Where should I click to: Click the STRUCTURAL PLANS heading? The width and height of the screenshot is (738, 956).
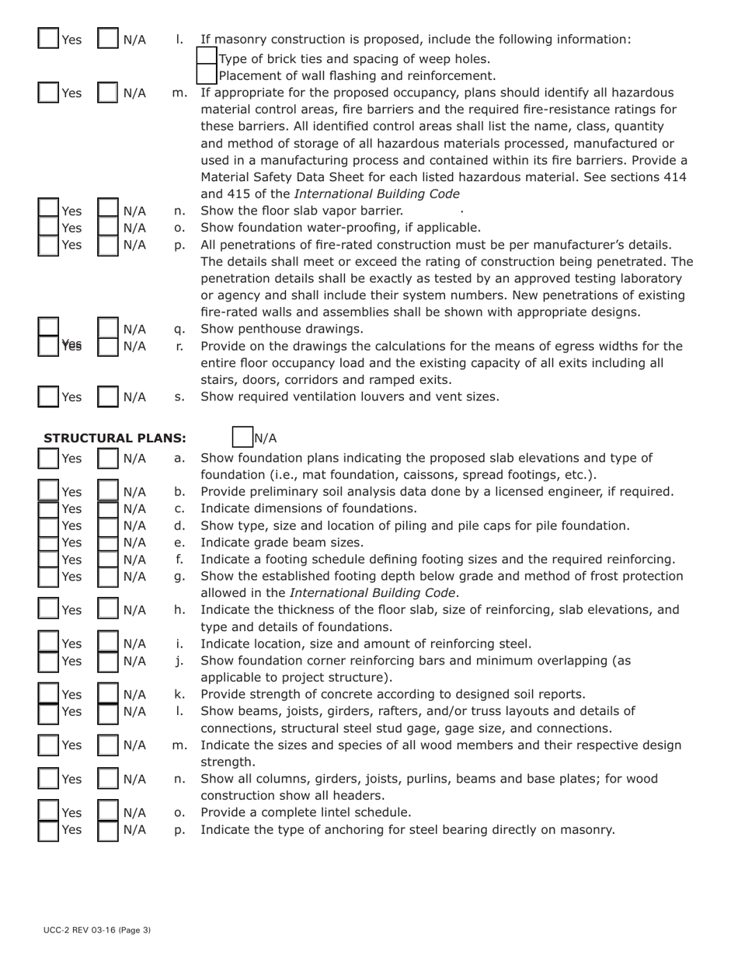point(115,438)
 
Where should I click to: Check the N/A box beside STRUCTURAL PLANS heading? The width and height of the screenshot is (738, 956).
point(243,438)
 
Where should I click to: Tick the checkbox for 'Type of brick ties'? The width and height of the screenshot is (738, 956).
point(207,58)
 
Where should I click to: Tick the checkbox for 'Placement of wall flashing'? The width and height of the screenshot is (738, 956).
point(207,75)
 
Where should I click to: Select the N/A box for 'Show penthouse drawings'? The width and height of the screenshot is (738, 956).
point(108,329)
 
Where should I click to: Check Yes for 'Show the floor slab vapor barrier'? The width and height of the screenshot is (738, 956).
point(49,211)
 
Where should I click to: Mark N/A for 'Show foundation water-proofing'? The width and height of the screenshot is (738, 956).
point(108,228)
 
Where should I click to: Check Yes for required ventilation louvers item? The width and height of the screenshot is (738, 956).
point(49,396)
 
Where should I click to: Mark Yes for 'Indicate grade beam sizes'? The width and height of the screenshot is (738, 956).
point(49,543)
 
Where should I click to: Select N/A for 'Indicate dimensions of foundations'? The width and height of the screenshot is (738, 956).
point(108,508)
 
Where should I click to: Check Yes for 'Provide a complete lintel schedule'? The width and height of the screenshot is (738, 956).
point(49,812)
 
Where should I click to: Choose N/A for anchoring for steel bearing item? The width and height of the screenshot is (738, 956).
point(108,829)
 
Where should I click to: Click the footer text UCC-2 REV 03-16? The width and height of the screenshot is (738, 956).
point(97,930)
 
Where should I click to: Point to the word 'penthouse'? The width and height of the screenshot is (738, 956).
point(266,329)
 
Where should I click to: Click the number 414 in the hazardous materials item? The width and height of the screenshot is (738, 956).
point(673,177)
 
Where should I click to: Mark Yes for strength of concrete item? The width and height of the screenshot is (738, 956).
point(49,694)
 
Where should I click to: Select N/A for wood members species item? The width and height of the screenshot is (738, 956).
point(108,745)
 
